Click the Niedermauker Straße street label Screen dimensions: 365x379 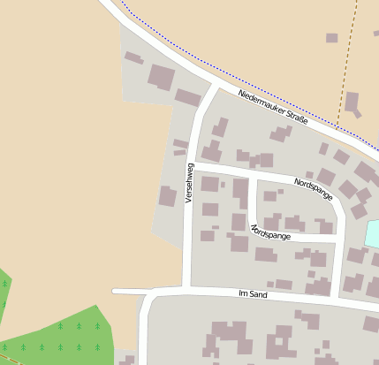271,106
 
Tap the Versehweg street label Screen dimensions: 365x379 188,183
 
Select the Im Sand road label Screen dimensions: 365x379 253,293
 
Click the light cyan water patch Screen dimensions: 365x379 372,233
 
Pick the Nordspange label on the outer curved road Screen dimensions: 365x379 314,187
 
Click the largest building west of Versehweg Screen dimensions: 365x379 161,76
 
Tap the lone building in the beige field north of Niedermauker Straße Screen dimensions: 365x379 331,38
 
